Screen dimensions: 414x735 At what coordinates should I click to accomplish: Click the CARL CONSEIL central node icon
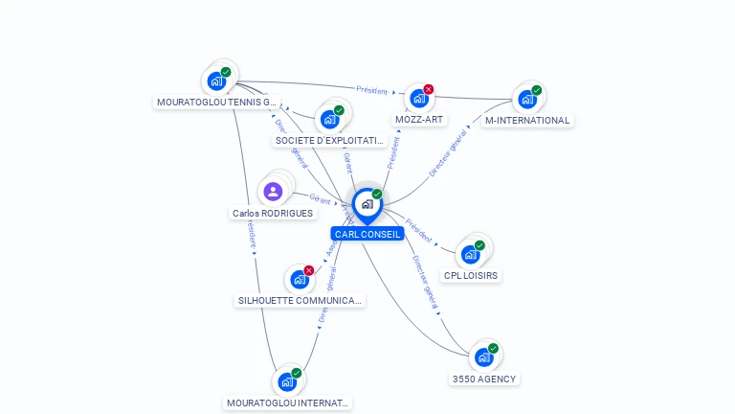367,204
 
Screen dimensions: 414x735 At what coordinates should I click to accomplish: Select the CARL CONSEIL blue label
367,234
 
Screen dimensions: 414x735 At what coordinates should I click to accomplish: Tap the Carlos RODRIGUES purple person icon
273,191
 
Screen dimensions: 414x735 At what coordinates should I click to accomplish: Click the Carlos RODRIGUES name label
273,213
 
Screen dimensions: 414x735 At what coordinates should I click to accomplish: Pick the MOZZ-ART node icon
418,98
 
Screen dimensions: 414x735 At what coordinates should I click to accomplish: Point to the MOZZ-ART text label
419,120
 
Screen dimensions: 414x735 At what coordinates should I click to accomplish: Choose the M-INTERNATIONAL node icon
526,99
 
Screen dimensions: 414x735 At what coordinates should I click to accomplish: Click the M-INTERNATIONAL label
527,121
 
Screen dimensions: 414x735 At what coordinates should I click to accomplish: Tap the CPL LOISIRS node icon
470,254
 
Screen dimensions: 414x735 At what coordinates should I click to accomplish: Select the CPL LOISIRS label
471,276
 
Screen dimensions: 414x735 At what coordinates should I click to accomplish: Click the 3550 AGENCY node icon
483,357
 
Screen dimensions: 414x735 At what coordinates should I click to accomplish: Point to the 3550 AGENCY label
484,379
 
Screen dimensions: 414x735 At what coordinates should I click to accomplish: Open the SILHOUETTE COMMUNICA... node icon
299,279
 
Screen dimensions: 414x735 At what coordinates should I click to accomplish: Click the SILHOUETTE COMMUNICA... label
300,300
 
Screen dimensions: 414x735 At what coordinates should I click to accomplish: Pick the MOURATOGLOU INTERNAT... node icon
286,381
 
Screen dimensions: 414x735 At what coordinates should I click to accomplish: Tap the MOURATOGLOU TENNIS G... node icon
216,80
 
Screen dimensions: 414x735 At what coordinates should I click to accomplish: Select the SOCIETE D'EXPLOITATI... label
330,140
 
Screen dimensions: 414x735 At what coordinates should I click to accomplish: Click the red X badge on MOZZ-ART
428,89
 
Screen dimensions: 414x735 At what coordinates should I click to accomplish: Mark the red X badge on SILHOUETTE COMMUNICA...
308,270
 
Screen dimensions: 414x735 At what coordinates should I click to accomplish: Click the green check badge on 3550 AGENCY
493,349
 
